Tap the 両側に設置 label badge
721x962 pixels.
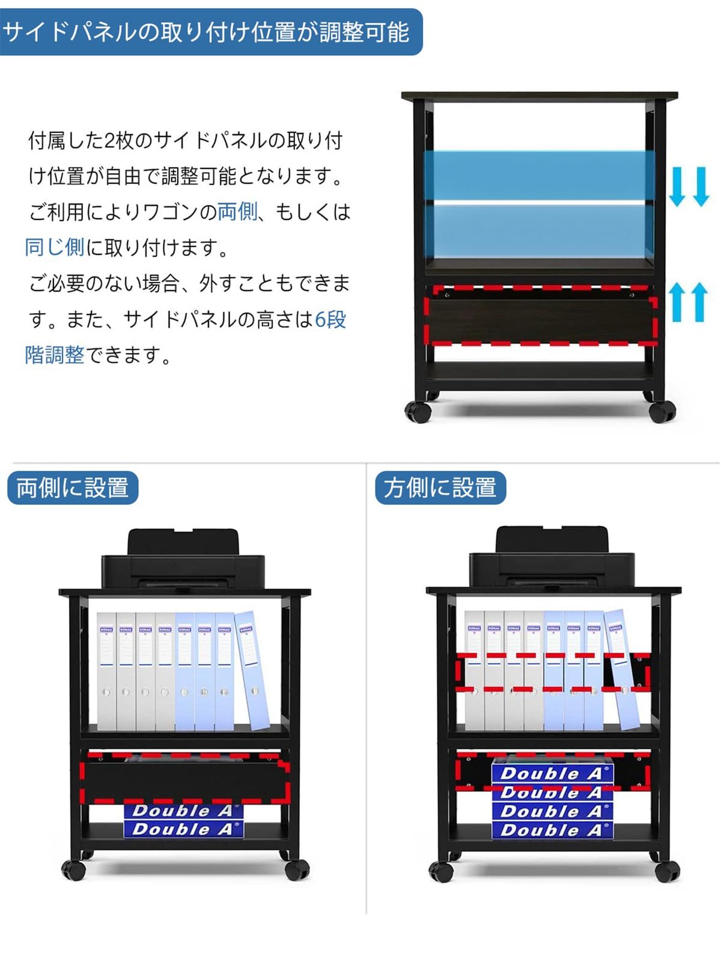73,488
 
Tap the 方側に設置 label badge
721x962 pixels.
440,488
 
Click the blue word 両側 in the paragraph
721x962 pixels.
237,212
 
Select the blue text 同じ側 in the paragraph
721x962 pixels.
54,247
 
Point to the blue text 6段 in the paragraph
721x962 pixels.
330,319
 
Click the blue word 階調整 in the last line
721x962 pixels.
54,355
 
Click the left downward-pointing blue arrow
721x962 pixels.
677,187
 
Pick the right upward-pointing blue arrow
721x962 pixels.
699,302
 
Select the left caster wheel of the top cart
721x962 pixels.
418,412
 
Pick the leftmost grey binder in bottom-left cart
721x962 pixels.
106,670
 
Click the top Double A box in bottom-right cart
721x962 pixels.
551,773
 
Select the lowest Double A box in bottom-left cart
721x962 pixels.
183,830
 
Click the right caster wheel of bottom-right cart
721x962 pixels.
667,871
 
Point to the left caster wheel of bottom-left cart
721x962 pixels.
73,869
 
